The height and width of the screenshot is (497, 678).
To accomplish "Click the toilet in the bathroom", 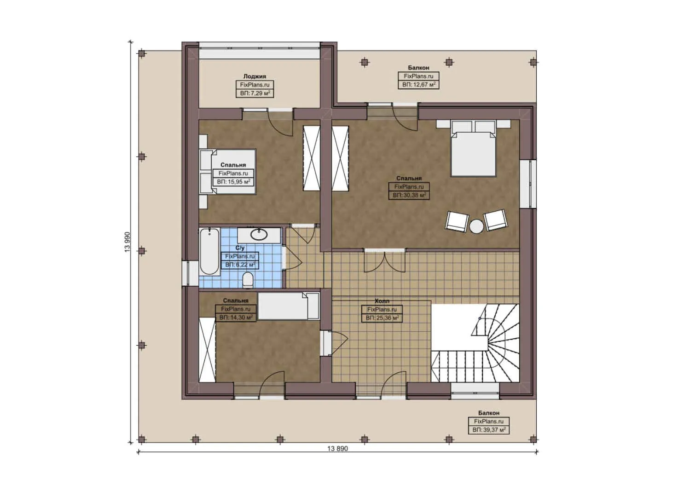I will click(x=248, y=280).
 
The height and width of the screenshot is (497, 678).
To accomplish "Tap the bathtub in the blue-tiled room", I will click(x=209, y=251).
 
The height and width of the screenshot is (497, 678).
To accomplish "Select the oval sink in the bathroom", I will click(x=259, y=235).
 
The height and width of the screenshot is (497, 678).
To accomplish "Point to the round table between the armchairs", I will click(x=476, y=226).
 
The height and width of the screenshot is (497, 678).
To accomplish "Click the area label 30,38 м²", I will click(x=409, y=195).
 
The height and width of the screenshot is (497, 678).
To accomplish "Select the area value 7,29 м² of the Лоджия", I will click(x=255, y=93).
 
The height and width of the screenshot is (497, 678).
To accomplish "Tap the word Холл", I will click(x=382, y=301).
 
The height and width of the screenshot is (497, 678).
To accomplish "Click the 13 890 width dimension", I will click(x=337, y=449).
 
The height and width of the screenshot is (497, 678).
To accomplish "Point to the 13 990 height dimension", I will click(x=127, y=242).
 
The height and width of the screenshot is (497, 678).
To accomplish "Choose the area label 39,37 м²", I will click(x=489, y=430).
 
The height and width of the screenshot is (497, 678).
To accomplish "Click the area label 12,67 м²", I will click(x=418, y=85).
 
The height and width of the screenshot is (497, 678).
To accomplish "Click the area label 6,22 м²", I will click(x=240, y=265).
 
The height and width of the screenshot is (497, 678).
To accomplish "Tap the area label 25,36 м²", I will click(x=382, y=318).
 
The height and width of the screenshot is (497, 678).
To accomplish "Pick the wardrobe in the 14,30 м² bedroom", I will click(x=207, y=350).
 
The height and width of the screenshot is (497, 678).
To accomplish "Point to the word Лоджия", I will click(x=255, y=76).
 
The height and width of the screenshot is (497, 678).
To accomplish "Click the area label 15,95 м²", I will click(x=233, y=182).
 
